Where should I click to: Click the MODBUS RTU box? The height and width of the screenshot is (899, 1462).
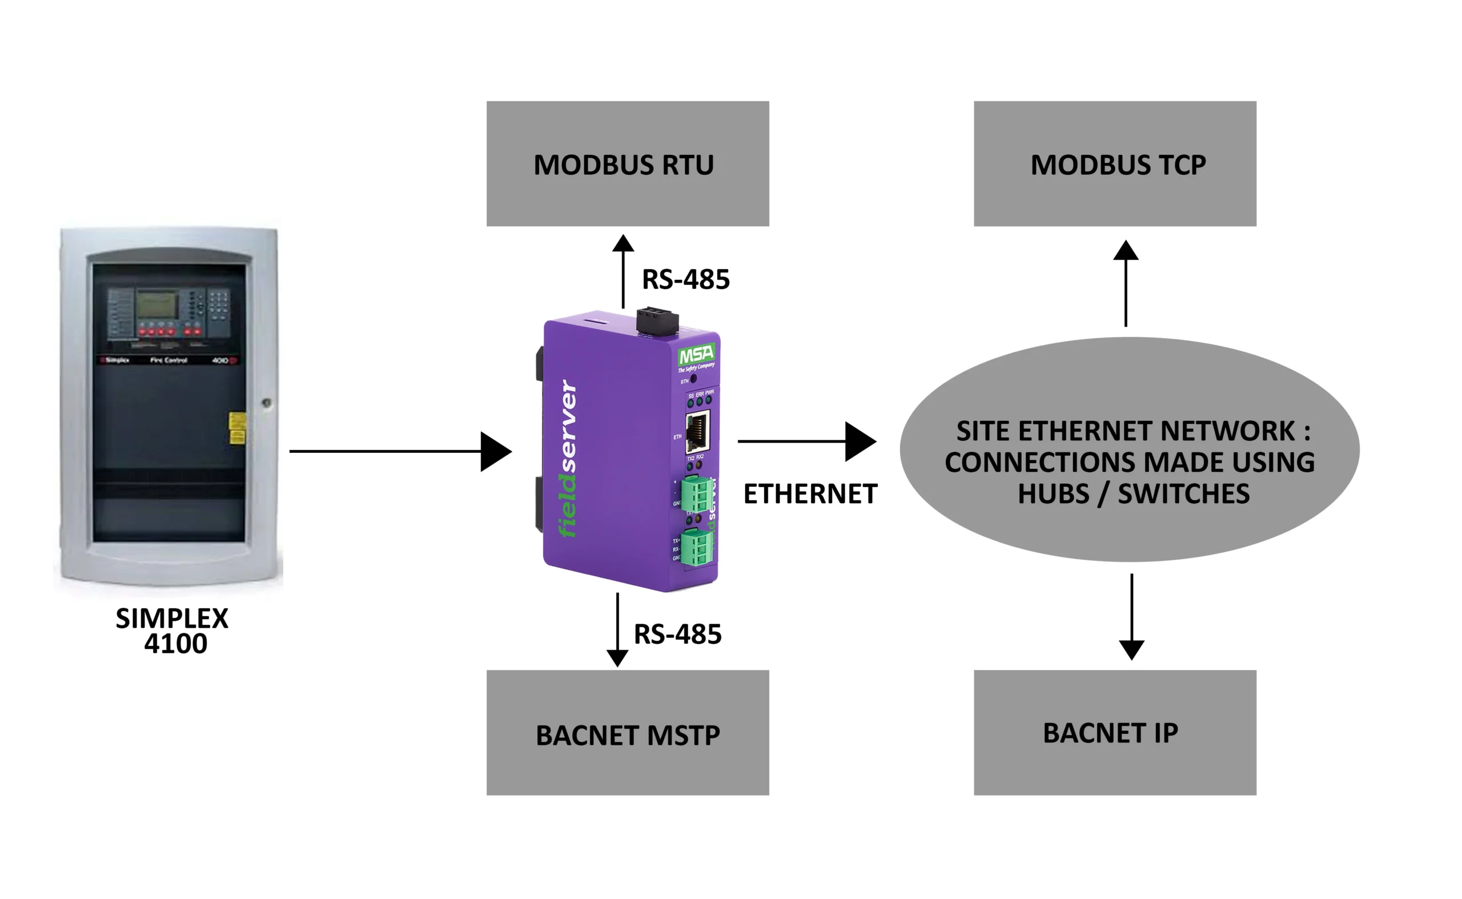click(627, 163)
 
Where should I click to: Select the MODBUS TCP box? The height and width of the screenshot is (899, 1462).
click(1114, 163)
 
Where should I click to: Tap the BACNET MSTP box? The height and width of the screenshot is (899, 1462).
click(627, 733)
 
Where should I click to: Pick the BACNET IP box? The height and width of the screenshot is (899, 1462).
click(1114, 733)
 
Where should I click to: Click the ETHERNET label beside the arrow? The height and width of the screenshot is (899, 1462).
click(810, 494)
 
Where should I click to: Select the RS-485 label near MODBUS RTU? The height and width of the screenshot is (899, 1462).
click(685, 279)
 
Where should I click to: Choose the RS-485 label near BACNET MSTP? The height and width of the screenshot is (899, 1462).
click(677, 634)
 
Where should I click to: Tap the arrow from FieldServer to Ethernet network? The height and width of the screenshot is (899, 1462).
click(806, 441)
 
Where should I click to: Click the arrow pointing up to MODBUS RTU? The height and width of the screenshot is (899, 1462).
click(622, 271)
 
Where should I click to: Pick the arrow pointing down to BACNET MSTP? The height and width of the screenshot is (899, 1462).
click(617, 629)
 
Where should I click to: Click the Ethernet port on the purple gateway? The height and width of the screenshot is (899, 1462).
click(697, 431)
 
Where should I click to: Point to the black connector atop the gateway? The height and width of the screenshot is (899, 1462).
click(657, 321)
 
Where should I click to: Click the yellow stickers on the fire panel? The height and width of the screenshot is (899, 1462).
click(236, 428)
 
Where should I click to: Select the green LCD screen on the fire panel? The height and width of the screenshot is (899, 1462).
click(157, 305)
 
